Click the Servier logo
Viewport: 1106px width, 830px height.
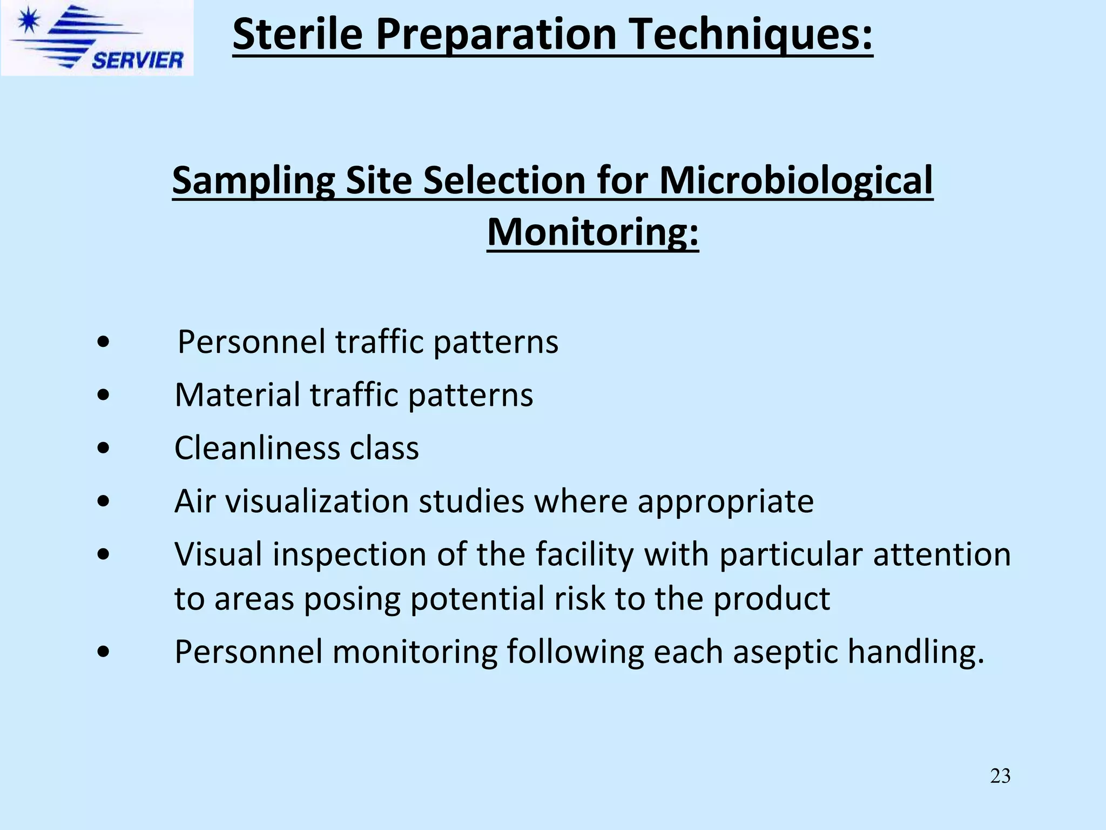tap(97, 38)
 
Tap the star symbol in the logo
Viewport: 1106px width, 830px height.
tap(28, 23)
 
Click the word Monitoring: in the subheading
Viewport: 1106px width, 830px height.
tap(592, 232)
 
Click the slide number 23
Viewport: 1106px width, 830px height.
tap(1000, 776)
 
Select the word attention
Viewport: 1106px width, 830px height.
tap(942, 555)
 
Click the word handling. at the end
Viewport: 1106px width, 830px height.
tap(916, 652)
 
